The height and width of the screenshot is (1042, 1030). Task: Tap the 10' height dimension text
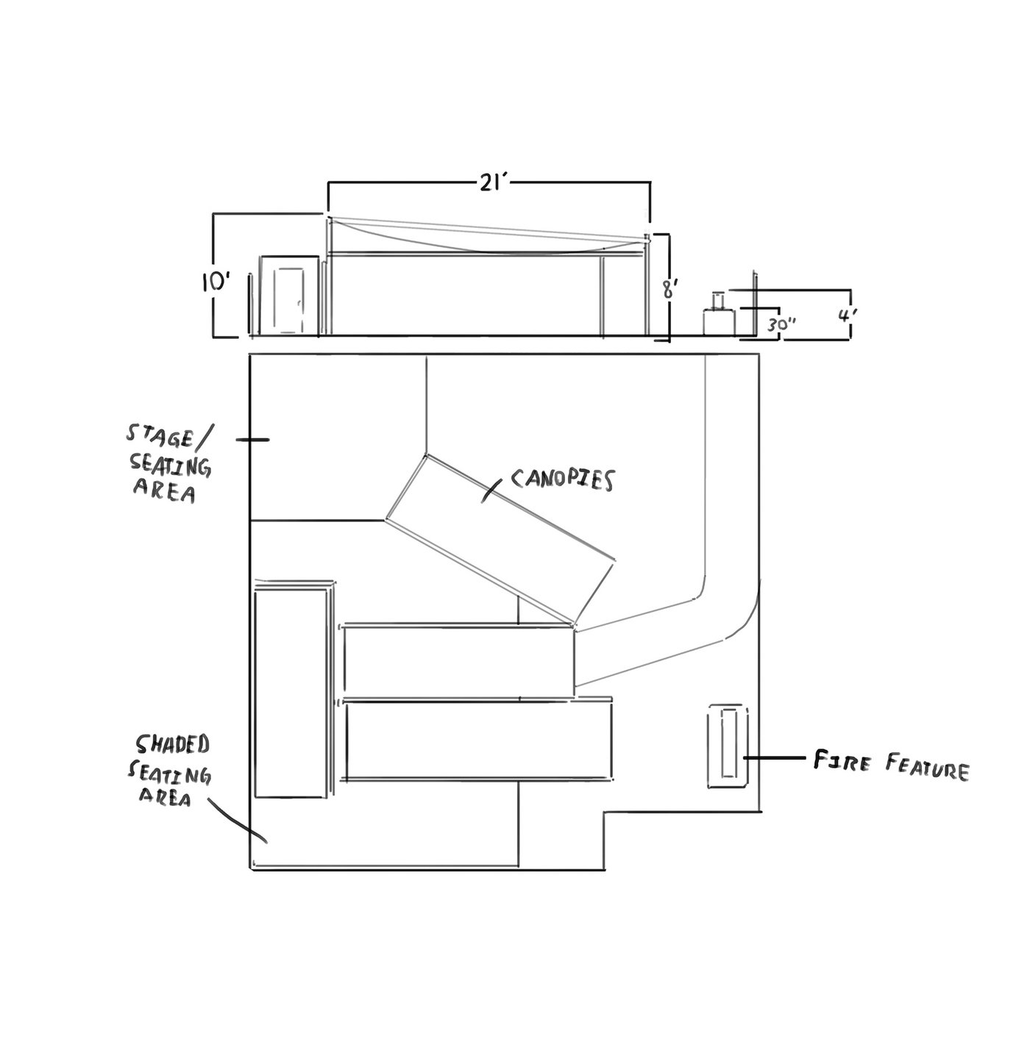click(x=216, y=283)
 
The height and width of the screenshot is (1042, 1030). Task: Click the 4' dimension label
click(x=847, y=315)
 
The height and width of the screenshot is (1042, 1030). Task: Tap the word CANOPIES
click(x=563, y=479)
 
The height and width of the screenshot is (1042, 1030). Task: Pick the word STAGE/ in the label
click(x=169, y=436)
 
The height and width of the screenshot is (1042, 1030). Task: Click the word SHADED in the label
click(x=172, y=746)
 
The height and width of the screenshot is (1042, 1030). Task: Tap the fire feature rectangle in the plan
click(x=728, y=747)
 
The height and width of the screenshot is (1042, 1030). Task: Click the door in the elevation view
click(x=288, y=301)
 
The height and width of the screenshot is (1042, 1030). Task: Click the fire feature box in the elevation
click(x=719, y=322)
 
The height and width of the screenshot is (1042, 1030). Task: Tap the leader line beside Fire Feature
click(x=773, y=758)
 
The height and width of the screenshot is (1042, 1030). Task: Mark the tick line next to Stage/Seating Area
click(x=252, y=440)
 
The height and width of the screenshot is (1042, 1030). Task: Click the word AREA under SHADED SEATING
click(x=165, y=797)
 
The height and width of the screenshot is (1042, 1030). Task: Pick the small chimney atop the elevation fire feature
click(x=718, y=300)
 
